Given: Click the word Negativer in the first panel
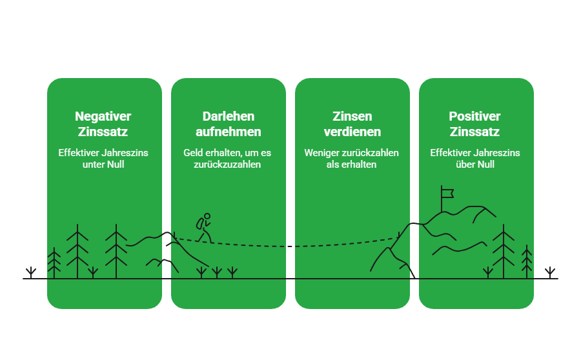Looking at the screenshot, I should tap(103, 117).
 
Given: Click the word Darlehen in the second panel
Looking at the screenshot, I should tap(228, 117).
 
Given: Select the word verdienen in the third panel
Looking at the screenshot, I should tap(352, 132).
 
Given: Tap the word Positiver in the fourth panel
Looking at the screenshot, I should tap(475, 117).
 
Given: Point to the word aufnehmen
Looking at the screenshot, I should tap(228, 132).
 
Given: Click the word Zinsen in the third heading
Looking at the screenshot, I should tap(352, 117).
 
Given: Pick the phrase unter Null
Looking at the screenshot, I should tap(103, 165).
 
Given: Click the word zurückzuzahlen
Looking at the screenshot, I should tap(228, 165).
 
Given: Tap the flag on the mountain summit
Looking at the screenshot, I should tap(446, 192).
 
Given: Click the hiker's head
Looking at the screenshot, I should tap(207, 217).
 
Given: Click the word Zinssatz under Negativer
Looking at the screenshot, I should tap(103, 132).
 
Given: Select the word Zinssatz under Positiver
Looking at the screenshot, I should tap(475, 132).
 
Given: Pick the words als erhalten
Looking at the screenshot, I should tap(352, 165).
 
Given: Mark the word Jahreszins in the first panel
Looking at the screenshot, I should tap(126, 153).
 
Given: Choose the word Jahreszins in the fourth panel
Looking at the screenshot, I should tap(498, 153).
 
